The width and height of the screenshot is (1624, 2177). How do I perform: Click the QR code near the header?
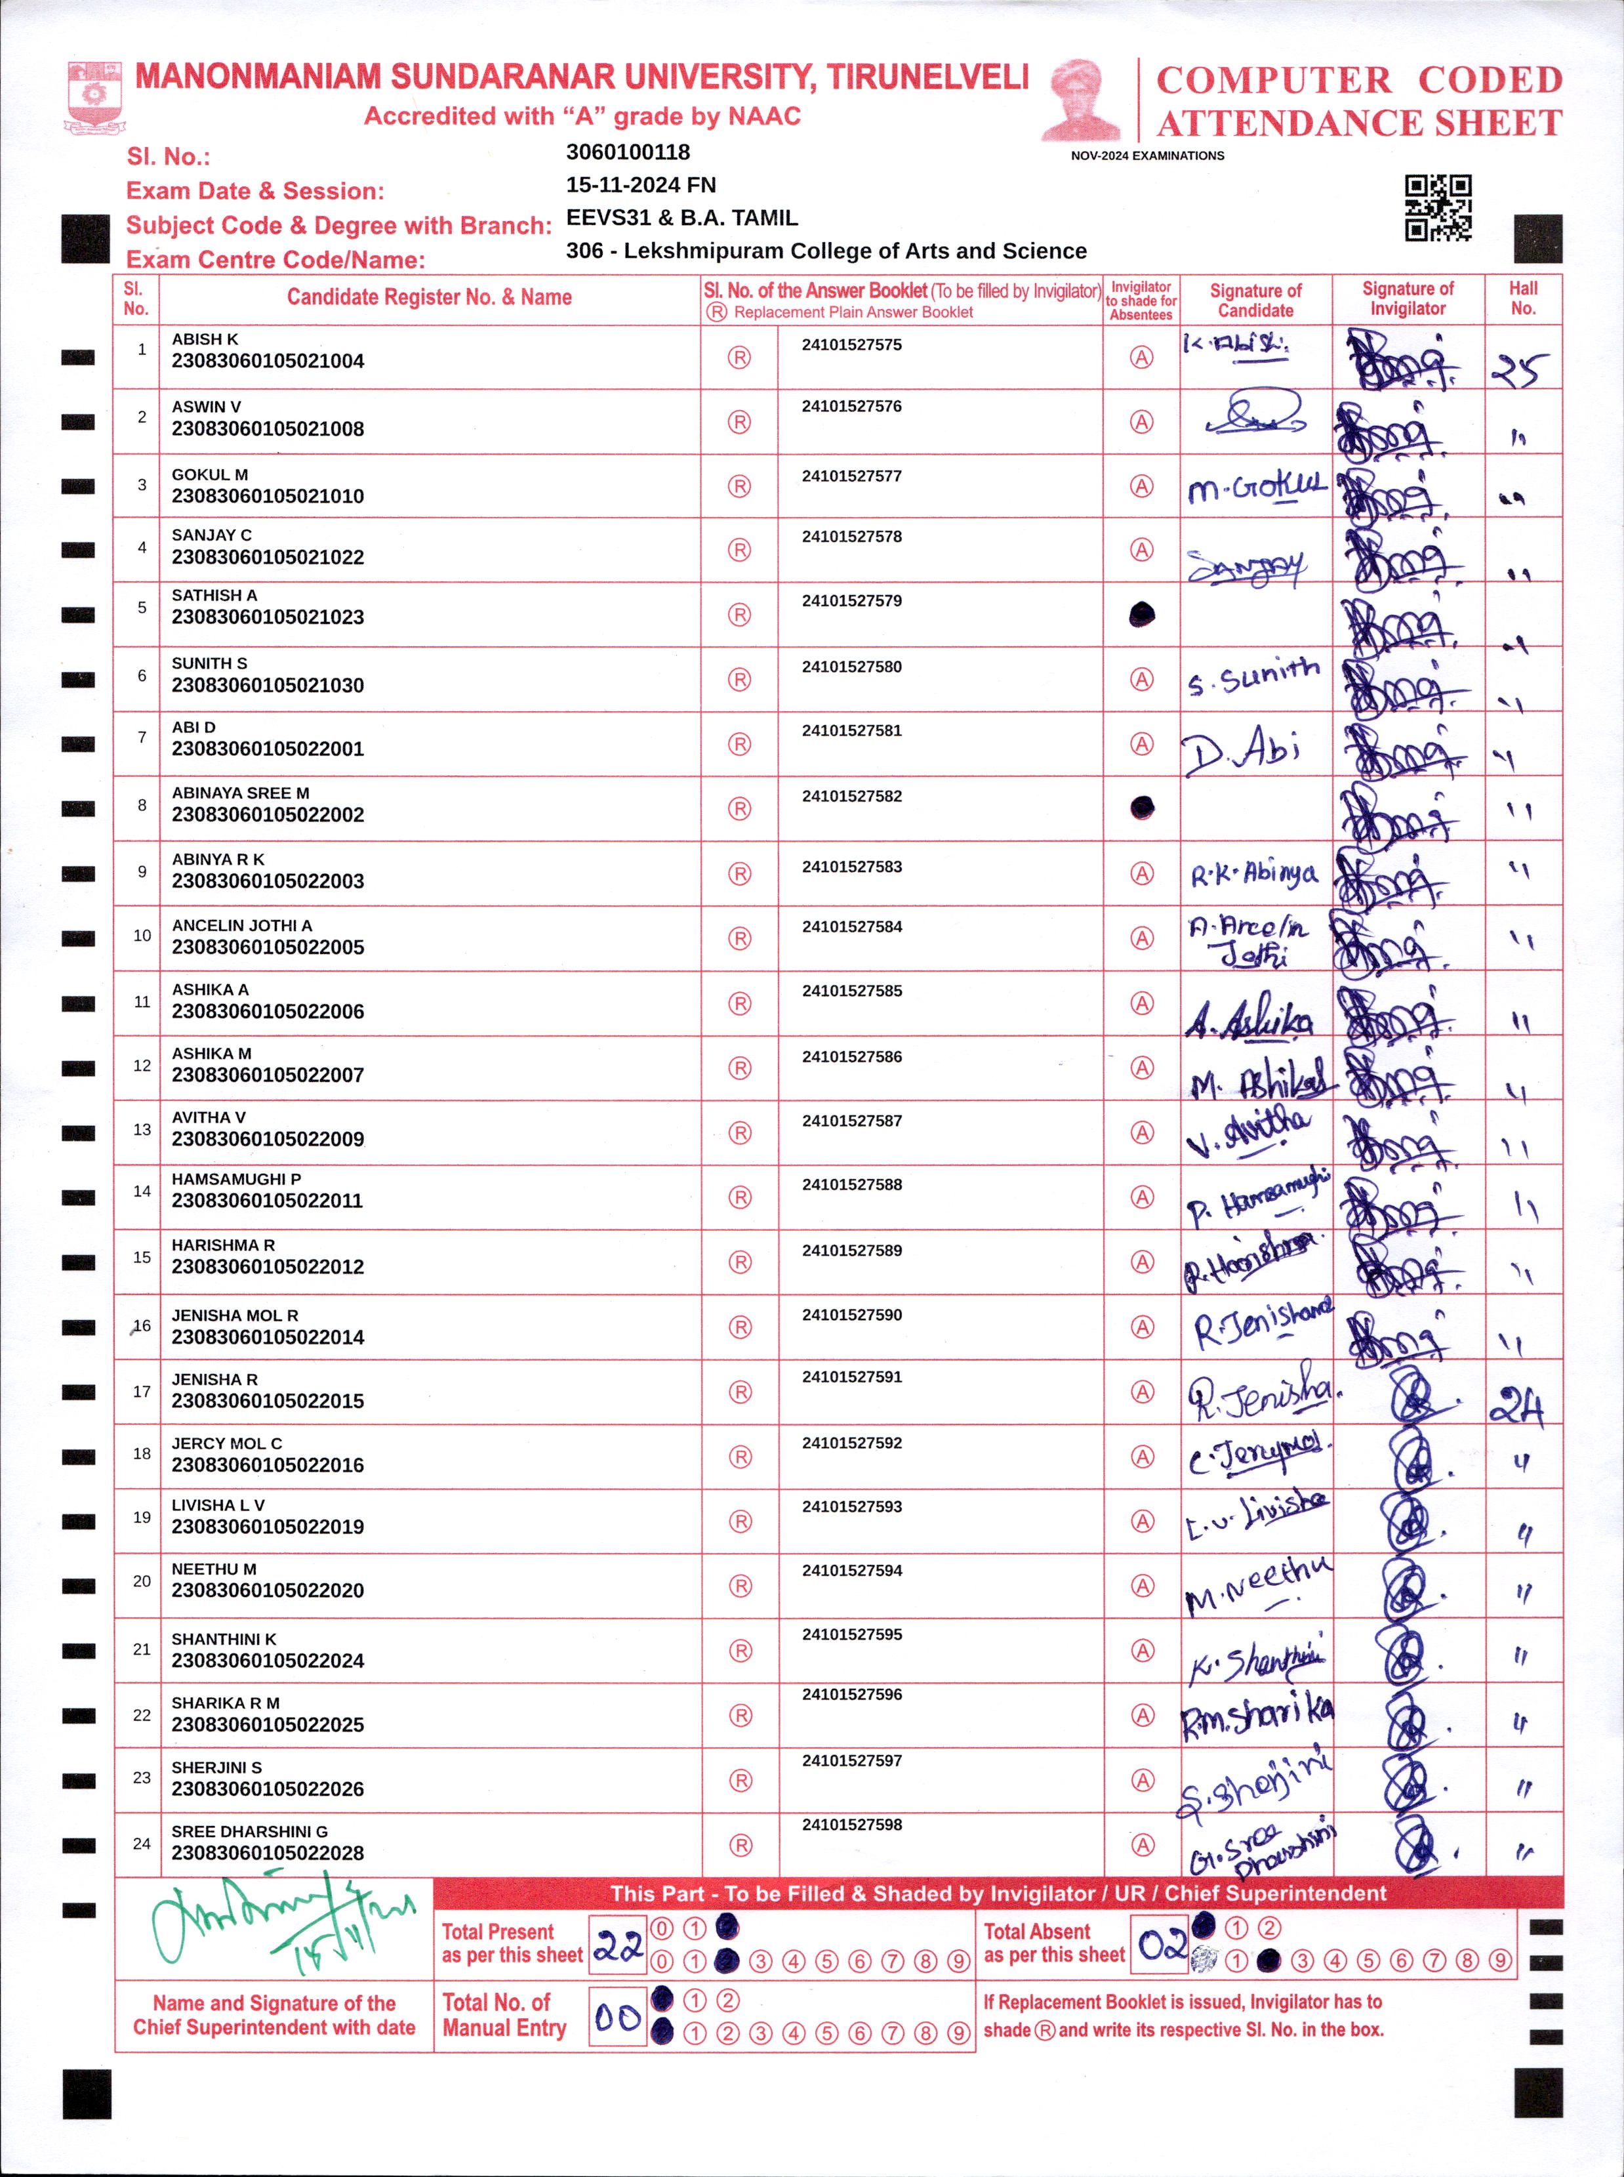1437,207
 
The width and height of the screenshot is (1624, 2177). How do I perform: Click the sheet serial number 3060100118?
628,152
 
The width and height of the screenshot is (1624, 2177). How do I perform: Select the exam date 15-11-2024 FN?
641,185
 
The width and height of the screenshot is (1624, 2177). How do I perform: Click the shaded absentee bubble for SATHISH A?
1141,615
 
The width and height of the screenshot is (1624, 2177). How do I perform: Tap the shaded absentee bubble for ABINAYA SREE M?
1141,808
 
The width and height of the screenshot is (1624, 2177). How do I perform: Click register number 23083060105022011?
268,1201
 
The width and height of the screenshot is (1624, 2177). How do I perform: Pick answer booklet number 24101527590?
851,1315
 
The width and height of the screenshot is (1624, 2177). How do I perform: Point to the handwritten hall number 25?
1520,369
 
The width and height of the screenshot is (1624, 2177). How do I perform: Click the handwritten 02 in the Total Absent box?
1162,1944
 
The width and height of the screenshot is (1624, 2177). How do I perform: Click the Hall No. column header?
1523,298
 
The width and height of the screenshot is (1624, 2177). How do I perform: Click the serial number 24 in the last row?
142,1844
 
